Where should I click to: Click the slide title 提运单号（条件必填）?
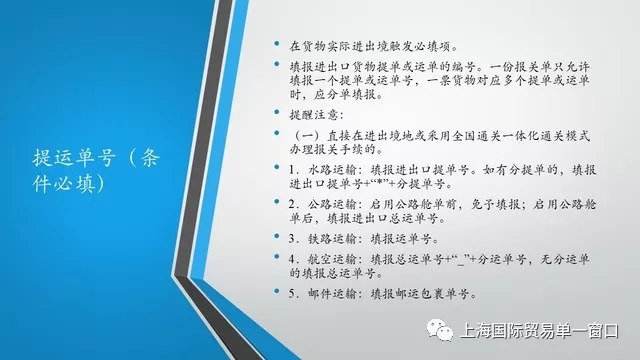point(96,171)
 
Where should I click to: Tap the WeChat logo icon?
point(440,330)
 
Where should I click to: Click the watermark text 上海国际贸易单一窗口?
point(539,331)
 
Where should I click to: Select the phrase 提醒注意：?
point(317,115)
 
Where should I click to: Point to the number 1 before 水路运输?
point(291,170)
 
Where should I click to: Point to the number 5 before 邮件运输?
point(291,294)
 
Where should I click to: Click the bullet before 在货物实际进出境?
point(277,43)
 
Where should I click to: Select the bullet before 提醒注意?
point(277,112)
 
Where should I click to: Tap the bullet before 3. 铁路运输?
point(277,236)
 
